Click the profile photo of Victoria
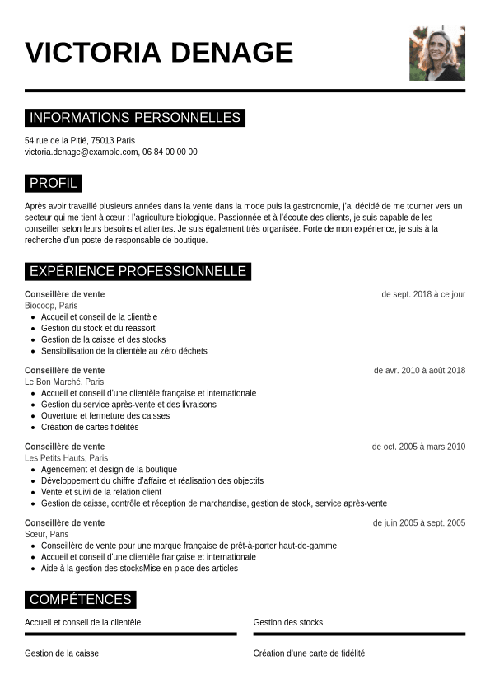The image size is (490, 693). tap(436, 53)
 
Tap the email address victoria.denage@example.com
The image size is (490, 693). tap(81, 152)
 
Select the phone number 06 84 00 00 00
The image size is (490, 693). tap(170, 152)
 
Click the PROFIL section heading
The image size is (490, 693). tap(54, 183)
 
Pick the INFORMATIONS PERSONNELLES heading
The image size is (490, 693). tap(135, 118)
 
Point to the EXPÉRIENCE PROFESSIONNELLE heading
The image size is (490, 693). tap(138, 271)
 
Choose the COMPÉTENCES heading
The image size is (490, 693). tap(81, 599)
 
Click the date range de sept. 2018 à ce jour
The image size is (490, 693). tap(423, 294)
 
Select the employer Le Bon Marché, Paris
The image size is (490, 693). tap(64, 382)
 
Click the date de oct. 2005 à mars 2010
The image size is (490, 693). tap(418, 447)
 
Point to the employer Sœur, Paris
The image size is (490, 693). tap(47, 534)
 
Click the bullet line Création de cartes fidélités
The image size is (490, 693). tap(90, 427)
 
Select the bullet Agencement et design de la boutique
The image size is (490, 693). tap(109, 469)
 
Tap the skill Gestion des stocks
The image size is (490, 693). tap(288, 622)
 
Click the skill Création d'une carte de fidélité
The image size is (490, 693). tap(309, 653)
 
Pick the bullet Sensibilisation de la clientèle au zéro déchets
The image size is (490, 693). tap(124, 350)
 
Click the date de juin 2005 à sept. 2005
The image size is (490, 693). tap(419, 522)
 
